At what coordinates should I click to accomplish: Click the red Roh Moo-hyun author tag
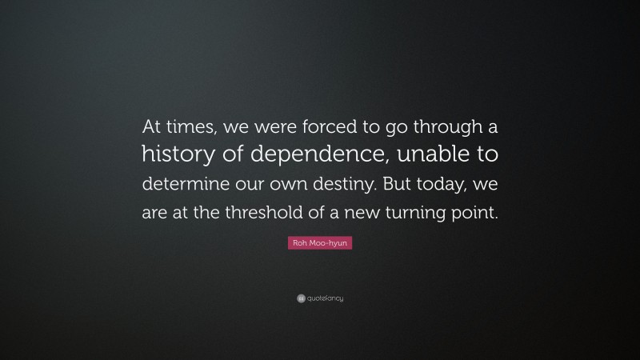pos(319,241)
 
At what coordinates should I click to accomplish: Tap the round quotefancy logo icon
pos(290,298)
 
